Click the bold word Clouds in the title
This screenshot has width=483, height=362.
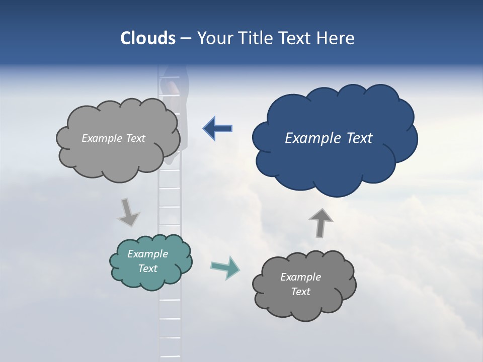pos(147,38)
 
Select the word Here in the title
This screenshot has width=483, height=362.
pos(337,38)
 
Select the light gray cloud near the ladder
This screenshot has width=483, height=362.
pos(118,156)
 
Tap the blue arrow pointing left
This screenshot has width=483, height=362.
pos(218,129)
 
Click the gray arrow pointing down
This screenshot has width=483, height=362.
pos(128,212)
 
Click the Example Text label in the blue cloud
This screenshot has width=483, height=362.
pos(329,138)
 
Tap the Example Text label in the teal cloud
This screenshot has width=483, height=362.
pos(148,261)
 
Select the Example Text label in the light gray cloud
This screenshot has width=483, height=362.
pos(113,138)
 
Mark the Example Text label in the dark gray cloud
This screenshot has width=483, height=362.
pos(301,284)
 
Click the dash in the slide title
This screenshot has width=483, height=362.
pos(186,39)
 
